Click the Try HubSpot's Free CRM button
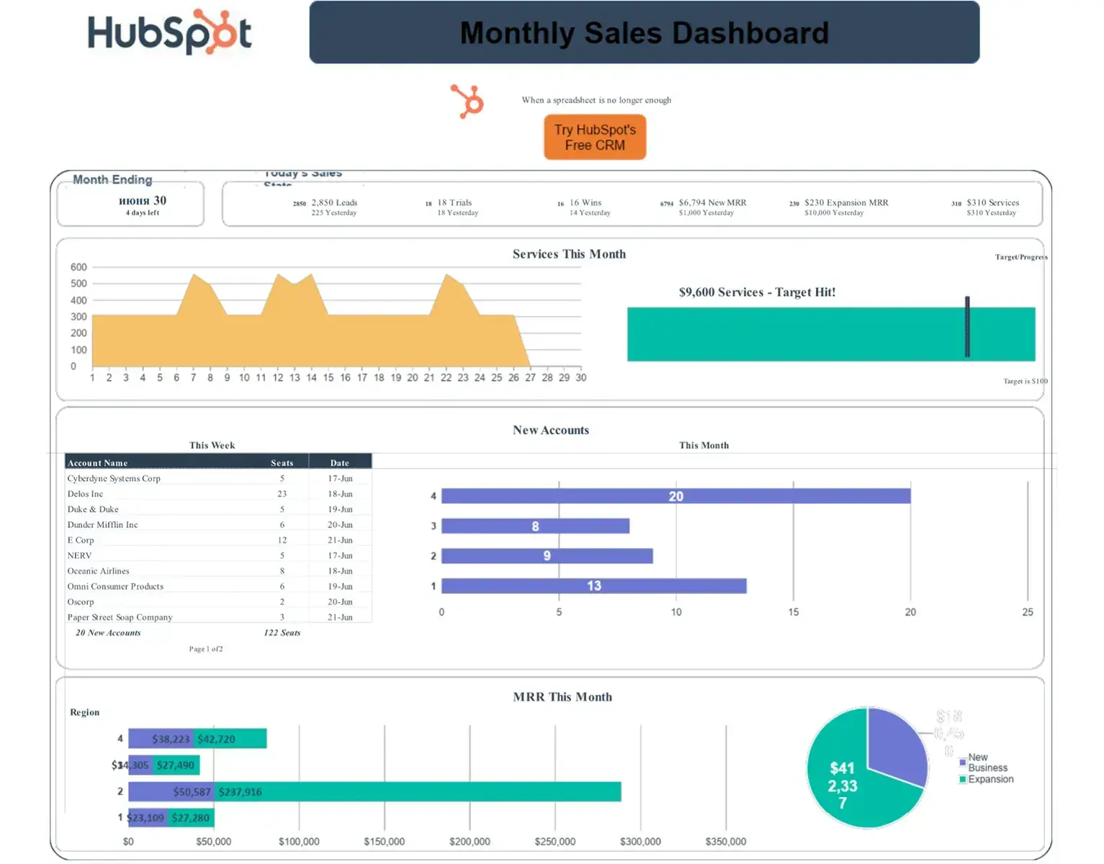[x=595, y=137]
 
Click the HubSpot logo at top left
[x=169, y=33]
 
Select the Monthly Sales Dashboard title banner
[x=644, y=33]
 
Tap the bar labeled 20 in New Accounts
[x=676, y=496]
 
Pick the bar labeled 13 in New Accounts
[x=593, y=586]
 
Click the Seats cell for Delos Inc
[x=282, y=494]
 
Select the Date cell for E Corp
[x=340, y=540]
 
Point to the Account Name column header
[x=97, y=463]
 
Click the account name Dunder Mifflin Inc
[x=102, y=525]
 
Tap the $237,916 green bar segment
[x=418, y=792]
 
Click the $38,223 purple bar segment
[x=161, y=739]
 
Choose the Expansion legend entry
[x=989, y=779]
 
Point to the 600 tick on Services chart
[x=78, y=267]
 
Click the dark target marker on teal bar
[x=967, y=327]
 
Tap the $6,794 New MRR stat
[x=712, y=203]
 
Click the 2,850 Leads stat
[x=334, y=203]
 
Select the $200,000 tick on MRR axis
[x=470, y=842]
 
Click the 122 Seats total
[x=282, y=633]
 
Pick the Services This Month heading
[x=569, y=254]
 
